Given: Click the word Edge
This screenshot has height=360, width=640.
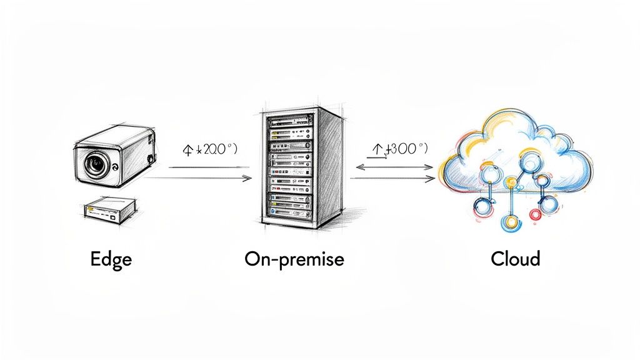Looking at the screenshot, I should [x=111, y=258].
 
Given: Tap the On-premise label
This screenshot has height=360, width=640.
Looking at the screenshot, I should [x=294, y=259].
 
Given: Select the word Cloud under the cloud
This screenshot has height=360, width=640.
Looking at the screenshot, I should [x=516, y=258].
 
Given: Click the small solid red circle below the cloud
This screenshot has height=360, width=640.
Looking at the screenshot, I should [x=535, y=214].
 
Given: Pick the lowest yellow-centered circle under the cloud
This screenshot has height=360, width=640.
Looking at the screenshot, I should [x=511, y=222].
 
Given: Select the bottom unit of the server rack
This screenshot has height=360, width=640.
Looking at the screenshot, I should [x=289, y=213].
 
